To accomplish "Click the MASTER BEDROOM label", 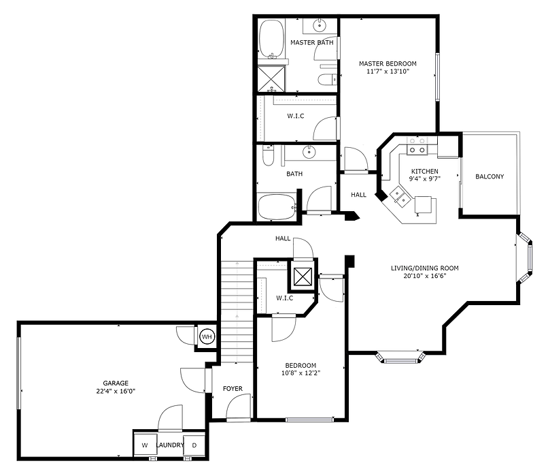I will tap(388, 63).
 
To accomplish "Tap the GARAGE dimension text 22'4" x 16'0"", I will tap(112, 392).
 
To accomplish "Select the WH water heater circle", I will tap(207, 336).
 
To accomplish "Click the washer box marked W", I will tap(144, 446).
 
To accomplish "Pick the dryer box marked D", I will tap(194, 446).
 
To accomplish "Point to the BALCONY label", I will tap(490, 177).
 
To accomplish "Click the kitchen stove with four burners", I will tap(416, 151).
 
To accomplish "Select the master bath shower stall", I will tap(271, 78).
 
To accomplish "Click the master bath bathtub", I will tap(272, 40).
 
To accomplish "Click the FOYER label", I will tap(233, 389).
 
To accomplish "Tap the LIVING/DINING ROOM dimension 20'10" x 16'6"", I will tap(424, 277).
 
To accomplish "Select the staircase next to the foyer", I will tap(237, 306).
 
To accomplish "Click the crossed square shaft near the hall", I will tap(303, 276).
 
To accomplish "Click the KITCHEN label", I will tap(424, 171).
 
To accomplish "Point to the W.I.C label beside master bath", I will tap(295, 116).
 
